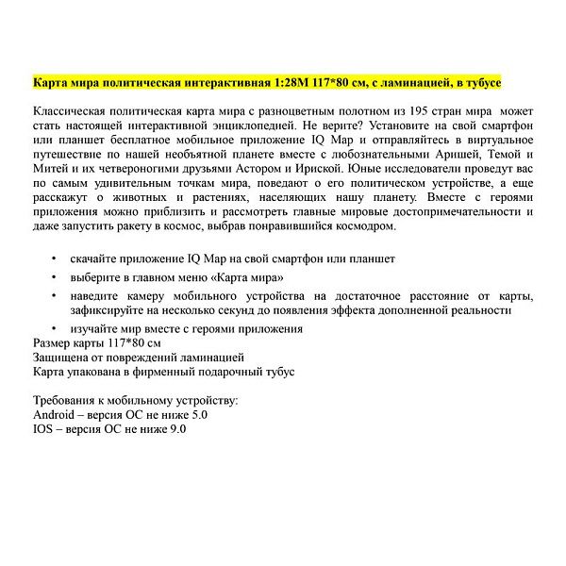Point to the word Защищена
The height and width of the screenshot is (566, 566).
pos(63,358)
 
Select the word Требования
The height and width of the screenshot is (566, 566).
pos(70,400)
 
